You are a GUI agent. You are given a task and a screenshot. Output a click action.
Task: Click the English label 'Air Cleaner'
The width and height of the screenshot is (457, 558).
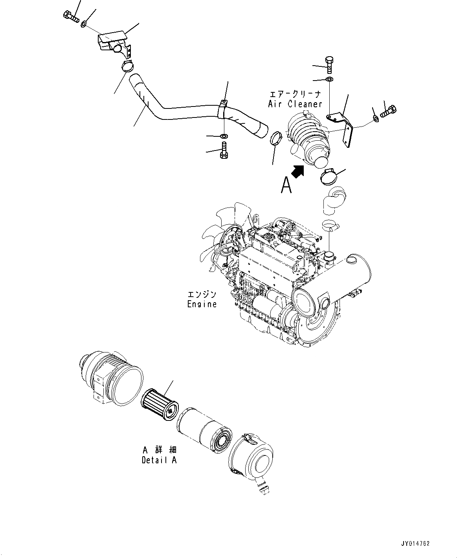point(295,104)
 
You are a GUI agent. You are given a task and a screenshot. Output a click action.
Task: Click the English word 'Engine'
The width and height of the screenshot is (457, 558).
point(202,304)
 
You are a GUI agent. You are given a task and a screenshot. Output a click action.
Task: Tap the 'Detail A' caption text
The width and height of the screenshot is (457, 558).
point(159,460)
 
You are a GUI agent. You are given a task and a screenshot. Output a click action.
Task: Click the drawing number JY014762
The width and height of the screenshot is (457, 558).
point(415,544)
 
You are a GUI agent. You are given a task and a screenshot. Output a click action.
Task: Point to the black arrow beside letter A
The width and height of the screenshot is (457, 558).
point(297,171)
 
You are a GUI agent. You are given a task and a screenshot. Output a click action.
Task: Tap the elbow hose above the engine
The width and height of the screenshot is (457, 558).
point(332,200)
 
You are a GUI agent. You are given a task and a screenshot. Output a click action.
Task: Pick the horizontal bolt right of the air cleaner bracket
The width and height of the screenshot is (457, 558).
point(388,112)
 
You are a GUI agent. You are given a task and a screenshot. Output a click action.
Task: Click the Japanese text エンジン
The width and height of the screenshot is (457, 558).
point(202,295)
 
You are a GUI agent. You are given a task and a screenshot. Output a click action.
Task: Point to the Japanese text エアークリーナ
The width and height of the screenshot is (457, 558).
point(295,94)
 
